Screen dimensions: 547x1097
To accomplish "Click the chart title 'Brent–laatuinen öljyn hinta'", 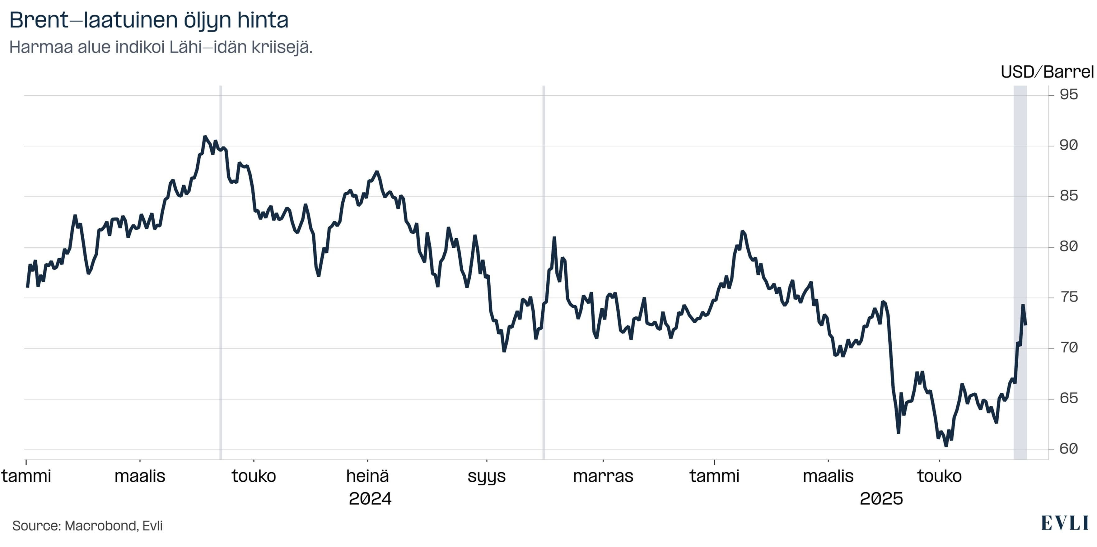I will click(149, 20).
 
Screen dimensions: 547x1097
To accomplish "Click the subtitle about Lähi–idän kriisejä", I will click(161, 47).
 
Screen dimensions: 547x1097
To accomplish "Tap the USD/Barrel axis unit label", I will click(1047, 72).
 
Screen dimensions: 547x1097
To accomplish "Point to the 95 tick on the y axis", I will click(1068, 95).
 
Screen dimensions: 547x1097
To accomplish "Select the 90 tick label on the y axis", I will click(1068, 145).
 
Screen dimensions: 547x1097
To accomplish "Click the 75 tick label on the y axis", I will click(1068, 297).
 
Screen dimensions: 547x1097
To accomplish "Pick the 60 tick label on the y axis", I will click(1068, 449).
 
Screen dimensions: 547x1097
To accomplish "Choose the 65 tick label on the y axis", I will click(1068, 398).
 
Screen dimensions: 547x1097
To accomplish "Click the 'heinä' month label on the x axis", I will click(367, 476).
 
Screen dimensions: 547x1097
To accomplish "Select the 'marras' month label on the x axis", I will click(603, 476).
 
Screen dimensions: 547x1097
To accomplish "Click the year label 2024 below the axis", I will click(370, 498).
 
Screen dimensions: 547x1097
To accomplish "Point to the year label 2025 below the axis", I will click(881, 498).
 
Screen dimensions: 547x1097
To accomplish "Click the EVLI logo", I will click(1065, 523).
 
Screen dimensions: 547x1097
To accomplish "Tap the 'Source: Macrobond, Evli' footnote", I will click(87, 526).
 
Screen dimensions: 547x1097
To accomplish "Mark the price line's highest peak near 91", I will click(205, 137).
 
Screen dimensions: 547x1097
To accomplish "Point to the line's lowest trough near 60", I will click(946, 446).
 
